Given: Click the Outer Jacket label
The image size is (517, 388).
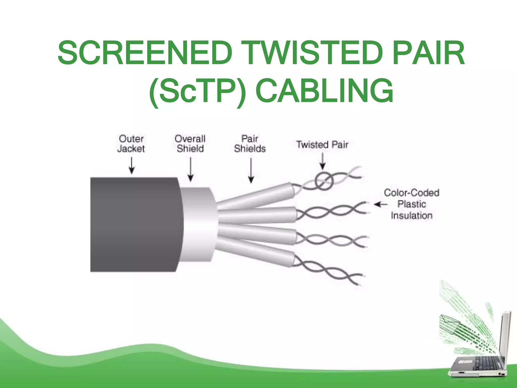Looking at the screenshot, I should pos(131,143).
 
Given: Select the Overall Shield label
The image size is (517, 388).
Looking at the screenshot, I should pos(190,143).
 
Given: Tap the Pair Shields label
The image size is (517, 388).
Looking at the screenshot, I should pos(250,143).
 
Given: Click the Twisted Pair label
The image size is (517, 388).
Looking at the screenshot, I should pos(322,144).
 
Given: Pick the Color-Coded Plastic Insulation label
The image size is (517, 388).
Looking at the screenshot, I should pos(411,204).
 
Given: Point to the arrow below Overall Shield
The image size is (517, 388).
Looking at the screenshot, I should pos(191,169).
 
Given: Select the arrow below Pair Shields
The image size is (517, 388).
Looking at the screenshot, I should pos(251,170).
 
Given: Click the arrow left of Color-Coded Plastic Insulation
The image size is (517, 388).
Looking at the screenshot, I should pos(380,204).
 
